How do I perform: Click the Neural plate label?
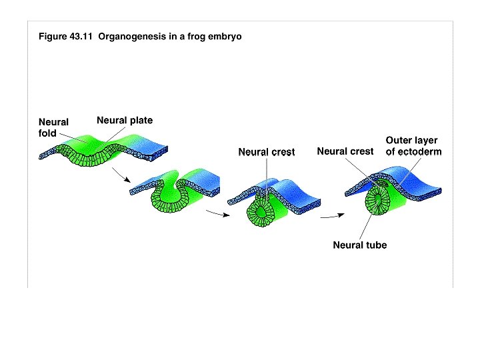125,121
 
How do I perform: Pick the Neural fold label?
53,127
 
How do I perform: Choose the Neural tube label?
359,245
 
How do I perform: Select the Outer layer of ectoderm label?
413,146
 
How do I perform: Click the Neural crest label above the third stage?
267,152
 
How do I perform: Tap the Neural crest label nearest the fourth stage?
345,151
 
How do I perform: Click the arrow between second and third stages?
213,213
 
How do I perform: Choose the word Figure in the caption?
53,37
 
